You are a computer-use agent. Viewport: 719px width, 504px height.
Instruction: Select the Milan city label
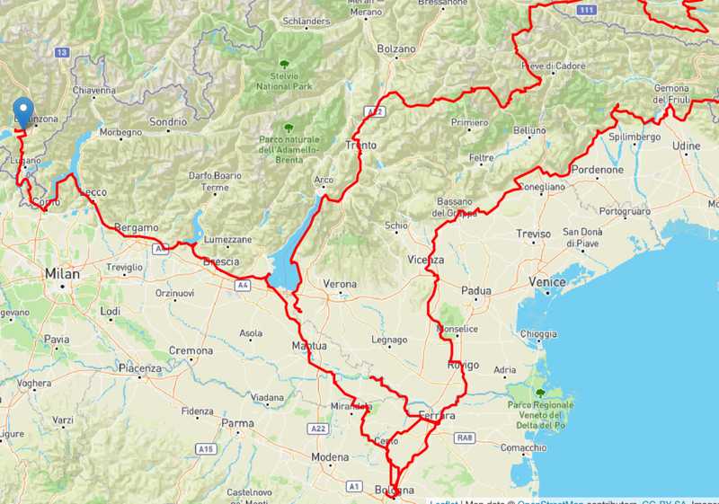click(62, 274)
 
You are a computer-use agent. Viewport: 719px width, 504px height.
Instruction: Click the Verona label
click(340, 284)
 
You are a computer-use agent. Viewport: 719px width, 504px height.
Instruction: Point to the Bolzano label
click(396, 49)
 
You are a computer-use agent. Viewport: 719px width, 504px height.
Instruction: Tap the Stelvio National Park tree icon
click(285, 65)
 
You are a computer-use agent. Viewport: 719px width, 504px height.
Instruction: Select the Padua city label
click(475, 290)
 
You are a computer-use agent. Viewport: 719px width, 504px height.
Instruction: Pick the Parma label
click(238, 423)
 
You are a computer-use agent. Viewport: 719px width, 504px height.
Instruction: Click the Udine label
click(686, 146)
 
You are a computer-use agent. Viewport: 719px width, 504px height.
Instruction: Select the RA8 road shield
click(464, 438)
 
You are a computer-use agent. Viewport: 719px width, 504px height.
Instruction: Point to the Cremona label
click(191, 350)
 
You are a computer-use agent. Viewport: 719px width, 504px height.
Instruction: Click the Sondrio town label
click(169, 121)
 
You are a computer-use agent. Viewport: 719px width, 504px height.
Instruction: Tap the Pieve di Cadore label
click(554, 66)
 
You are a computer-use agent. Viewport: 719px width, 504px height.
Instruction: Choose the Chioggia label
click(539, 334)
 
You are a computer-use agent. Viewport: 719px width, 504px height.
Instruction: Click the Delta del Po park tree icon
click(540, 393)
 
